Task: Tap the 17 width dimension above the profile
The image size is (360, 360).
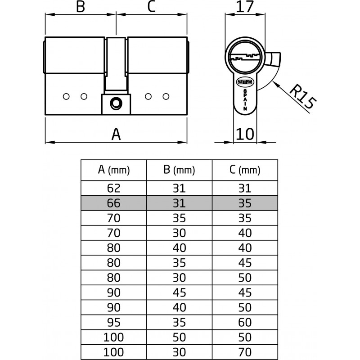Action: pos(245,8)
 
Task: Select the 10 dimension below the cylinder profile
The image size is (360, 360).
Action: pos(245,134)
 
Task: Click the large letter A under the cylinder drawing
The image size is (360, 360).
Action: pos(116,134)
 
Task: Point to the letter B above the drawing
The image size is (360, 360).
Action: pos(80,7)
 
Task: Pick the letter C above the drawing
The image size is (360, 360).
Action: pos(152,7)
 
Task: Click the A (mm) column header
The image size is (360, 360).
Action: pos(114,170)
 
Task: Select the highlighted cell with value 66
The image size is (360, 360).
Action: pos(114,203)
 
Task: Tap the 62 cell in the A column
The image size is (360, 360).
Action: pos(114,189)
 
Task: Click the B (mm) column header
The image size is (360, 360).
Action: pos(179,170)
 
